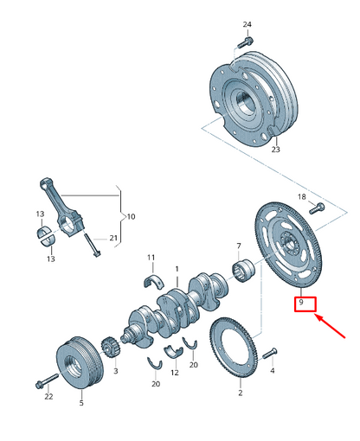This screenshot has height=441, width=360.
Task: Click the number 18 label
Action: point(302,197)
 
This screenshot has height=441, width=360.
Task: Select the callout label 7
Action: point(239,246)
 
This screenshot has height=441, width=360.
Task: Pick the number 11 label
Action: point(151,258)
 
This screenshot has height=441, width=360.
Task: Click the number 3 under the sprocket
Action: point(115,369)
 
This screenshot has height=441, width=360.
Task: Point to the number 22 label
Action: point(48,397)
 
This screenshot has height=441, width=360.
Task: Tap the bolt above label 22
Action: point(42,380)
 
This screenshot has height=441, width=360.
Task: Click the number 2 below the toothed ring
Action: point(240,393)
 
